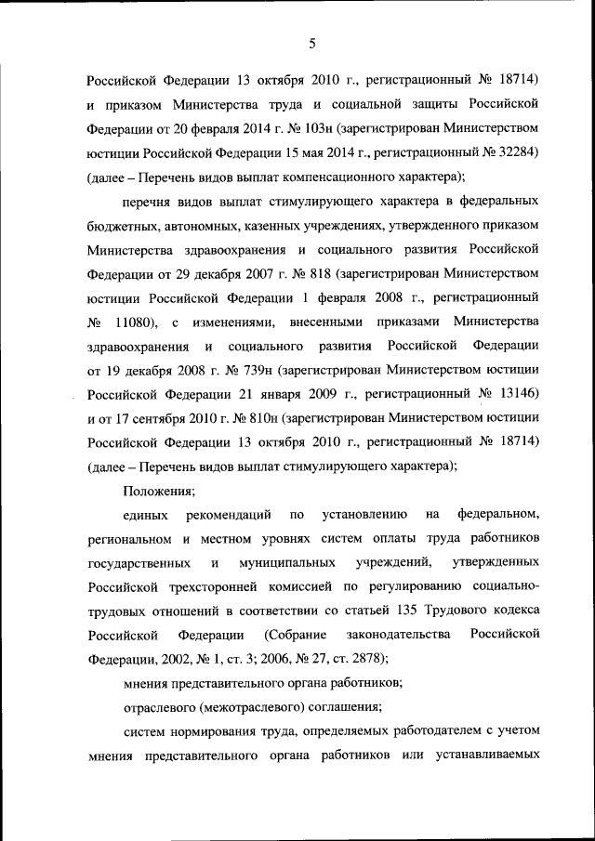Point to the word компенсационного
coord(345,175)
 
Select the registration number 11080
coord(133,324)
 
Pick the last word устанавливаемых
coord(487,756)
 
